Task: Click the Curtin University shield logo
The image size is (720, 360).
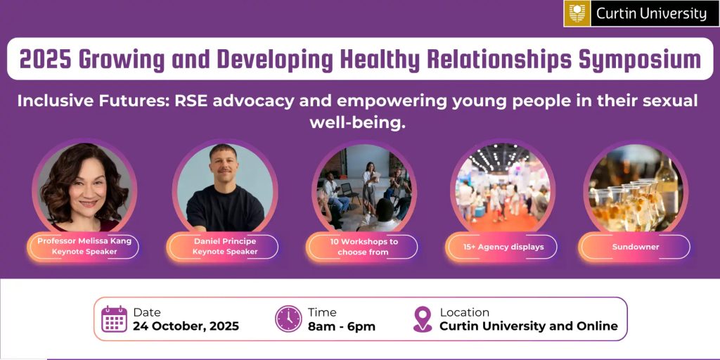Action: pyautogui.click(x=578, y=13)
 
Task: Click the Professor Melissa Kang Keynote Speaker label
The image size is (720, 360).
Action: pyautogui.click(x=84, y=246)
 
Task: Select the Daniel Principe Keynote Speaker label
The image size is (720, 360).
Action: pyautogui.click(x=224, y=246)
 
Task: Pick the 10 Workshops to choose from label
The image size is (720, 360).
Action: pyautogui.click(x=363, y=247)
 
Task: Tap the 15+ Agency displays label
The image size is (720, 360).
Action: pyautogui.click(x=503, y=247)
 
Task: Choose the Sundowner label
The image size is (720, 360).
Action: pyautogui.click(x=636, y=247)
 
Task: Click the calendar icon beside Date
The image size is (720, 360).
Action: pyautogui.click(x=115, y=319)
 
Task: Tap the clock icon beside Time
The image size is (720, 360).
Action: pyautogui.click(x=288, y=319)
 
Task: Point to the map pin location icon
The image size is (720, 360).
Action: pyautogui.click(x=423, y=319)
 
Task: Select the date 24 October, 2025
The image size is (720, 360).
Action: pyautogui.click(x=186, y=326)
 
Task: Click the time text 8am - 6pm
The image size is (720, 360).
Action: pyautogui.click(x=342, y=326)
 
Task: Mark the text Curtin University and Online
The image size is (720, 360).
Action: pyautogui.click(x=529, y=326)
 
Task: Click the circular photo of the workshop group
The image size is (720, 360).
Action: pyautogui.click(x=364, y=188)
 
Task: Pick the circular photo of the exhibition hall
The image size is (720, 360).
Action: pyautogui.click(x=503, y=188)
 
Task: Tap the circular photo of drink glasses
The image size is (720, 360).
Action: pyautogui.click(x=636, y=188)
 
